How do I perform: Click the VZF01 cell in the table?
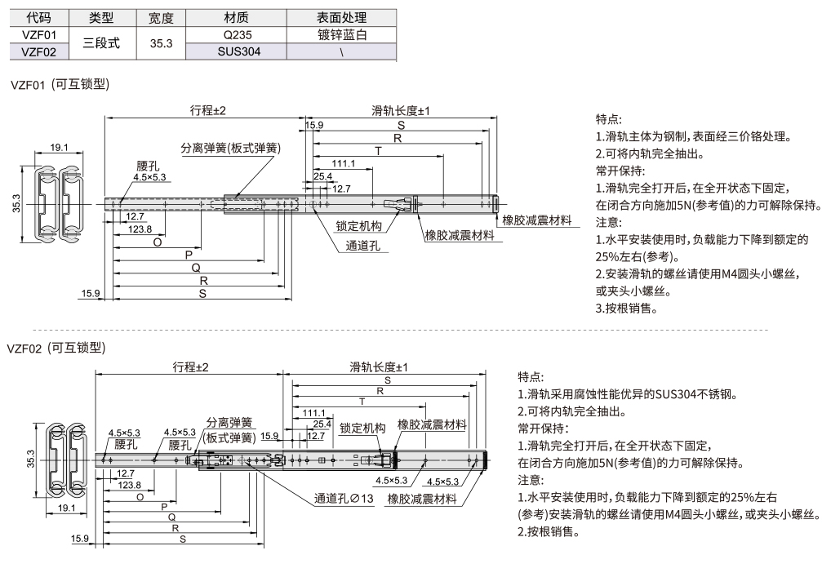point(38,35)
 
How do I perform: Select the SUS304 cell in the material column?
point(235,51)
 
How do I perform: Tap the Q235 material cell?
point(235,35)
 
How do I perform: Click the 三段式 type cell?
point(102,43)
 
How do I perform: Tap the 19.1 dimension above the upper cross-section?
point(59,148)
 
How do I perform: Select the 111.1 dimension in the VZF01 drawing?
point(343,163)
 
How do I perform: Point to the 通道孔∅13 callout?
point(344,499)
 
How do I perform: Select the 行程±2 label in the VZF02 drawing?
point(190,367)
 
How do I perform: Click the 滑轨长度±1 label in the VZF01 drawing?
point(401,111)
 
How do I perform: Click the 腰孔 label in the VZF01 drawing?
point(147,166)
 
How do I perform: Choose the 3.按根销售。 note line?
point(629,309)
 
